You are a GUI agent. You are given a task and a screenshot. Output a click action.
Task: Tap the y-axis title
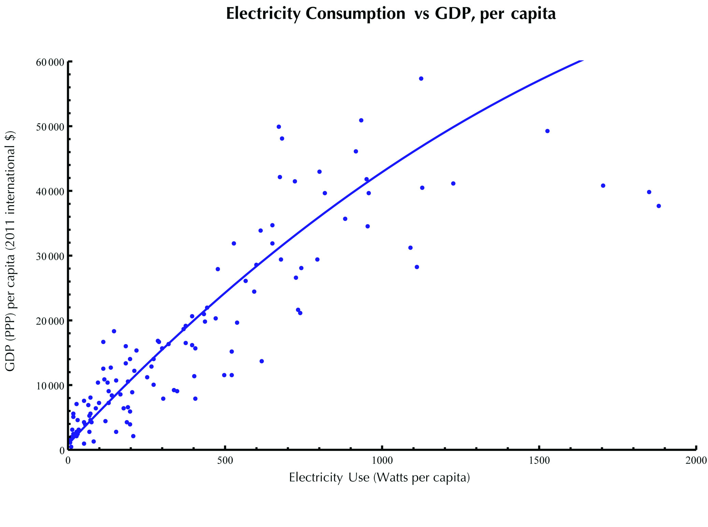pyautogui.click(x=10, y=251)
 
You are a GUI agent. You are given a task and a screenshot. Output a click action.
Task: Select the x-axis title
pyautogui.click(x=379, y=477)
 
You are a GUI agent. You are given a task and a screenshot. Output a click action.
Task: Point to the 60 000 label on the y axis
pyautogui.click(x=50, y=62)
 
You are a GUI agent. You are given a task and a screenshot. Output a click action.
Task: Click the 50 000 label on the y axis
pyautogui.click(x=50, y=127)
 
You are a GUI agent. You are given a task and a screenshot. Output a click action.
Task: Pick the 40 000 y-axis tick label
pyautogui.click(x=50, y=192)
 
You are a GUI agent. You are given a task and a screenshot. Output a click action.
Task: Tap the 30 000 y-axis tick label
pyautogui.click(x=50, y=256)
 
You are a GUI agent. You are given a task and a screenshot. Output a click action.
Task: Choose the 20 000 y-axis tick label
pyautogui.click(x=50, y=321)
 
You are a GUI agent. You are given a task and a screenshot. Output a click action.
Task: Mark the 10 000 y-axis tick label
pyautogui.click(x=50, y=386)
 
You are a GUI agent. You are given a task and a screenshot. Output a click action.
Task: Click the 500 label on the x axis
pyautogui.click(x=225, y=461)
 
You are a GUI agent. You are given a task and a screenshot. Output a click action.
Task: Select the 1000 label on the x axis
pyautogui.click(x=382, y=461)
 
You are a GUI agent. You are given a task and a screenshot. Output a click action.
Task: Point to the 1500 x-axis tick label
pyautogui.click(x=539, y=461)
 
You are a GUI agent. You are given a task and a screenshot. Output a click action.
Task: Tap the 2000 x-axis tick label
pyautogui.click(x=696, y=461)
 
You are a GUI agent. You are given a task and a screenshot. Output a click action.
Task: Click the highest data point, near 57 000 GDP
pyautogui.click(x=421, y=79)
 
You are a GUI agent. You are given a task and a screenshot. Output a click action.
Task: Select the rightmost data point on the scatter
pyautogui.click(x=659, y=206)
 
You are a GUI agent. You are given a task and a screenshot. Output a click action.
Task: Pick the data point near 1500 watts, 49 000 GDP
pyautogui.click(x=547, y=131)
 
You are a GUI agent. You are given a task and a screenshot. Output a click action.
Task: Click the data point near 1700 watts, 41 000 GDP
pyautogui.click(x=603, y=186)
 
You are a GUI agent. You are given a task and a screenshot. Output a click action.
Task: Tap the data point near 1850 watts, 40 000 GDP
pyautogui.click(x=649, y=192)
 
